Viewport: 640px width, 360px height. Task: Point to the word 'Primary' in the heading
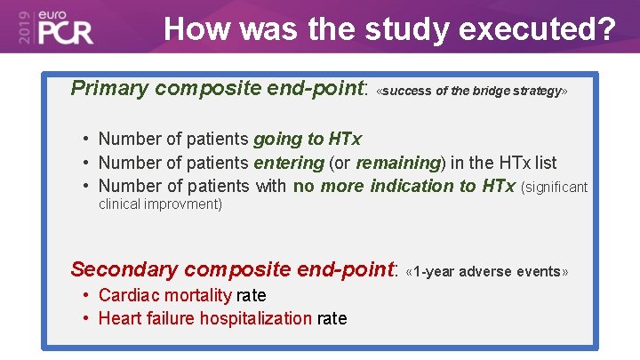pos(109,88)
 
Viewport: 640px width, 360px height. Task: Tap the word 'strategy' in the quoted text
pos(537,92)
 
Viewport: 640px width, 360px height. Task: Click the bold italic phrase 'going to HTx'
pos(308,139)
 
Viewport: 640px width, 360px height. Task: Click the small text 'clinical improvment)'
pos(160,204)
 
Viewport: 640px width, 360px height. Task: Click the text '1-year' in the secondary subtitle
pos(431,272)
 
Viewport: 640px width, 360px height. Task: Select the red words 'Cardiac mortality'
pos(164,295)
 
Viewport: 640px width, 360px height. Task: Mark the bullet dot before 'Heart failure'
pos(86,318)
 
